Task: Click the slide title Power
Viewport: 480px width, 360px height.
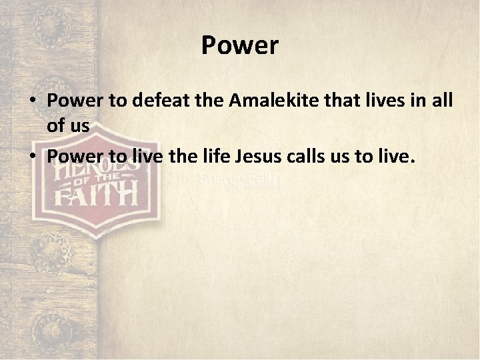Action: [239, 46]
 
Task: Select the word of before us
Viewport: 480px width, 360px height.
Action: [57, 125]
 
